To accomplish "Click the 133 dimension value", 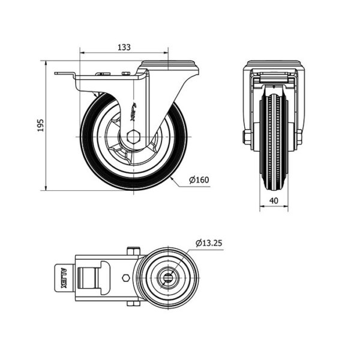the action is [124, 47].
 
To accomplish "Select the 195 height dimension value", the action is [40, 125].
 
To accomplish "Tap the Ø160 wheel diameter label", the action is [199, 180].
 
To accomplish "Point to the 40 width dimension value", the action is [274, 200].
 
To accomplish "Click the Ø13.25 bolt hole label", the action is [209, 243].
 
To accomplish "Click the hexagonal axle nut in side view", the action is [133, 137].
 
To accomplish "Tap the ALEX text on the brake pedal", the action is [63, 278].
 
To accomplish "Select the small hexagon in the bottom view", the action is [125, 278].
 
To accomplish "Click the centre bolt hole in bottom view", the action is [168, 278].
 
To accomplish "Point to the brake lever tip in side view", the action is [56, 73].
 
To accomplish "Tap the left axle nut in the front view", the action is [248, 137].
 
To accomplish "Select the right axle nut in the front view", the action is [299, 137].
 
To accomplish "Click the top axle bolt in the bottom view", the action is [133, 251].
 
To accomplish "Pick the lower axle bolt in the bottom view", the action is [133, 304].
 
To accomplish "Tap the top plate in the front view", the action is [274, 64].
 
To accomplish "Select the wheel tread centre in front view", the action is [274, 142].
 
